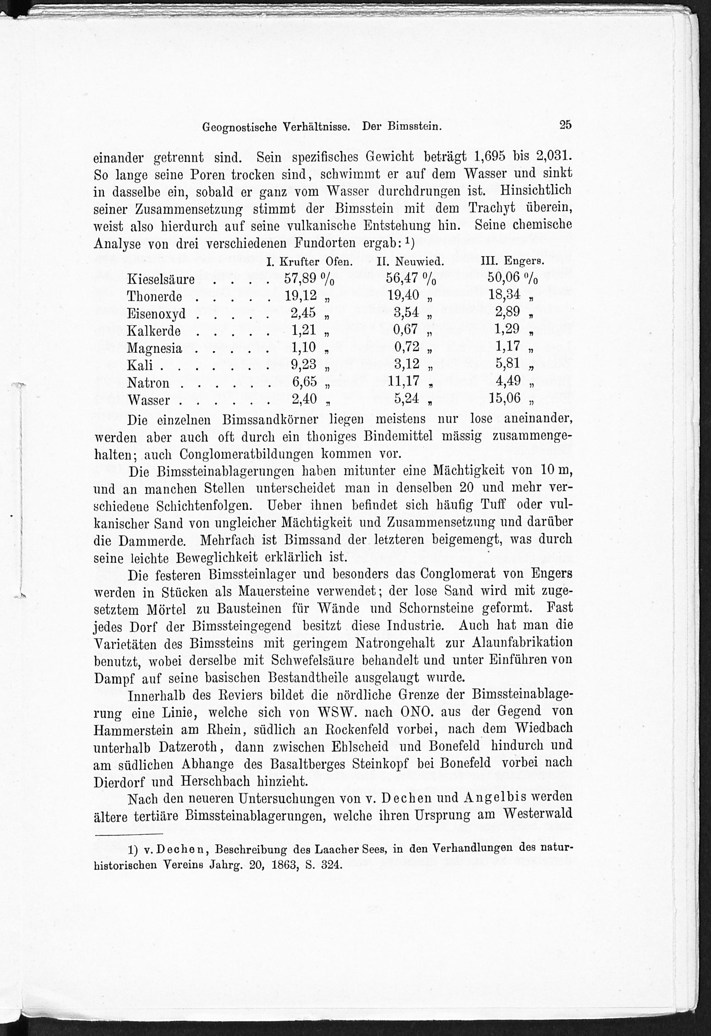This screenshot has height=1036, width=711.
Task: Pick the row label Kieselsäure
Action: [161, 280]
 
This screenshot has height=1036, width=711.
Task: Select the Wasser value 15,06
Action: [504, 398]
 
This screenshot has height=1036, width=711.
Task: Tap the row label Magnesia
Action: [154, 348]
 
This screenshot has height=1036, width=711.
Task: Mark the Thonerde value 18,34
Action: [504, 296]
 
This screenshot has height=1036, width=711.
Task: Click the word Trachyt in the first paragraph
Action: [492, 208]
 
